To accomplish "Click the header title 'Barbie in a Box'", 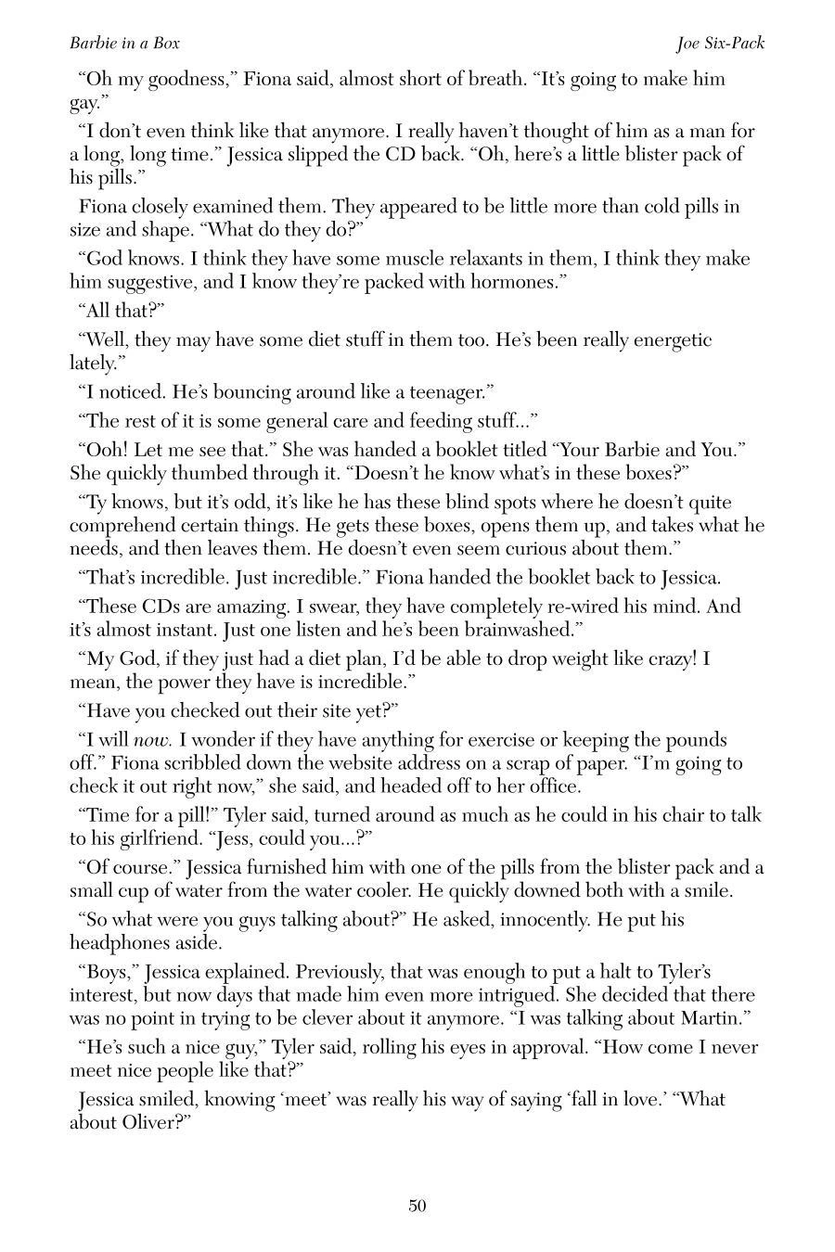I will tap(124, 44).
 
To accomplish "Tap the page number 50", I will tap(417, 1206).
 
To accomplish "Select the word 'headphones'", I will tap(115, 943).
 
